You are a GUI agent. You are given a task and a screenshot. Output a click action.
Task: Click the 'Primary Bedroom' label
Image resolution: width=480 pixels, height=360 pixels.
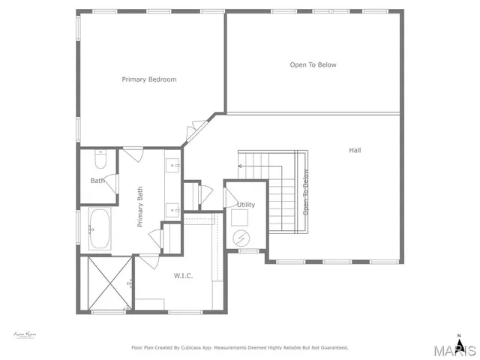(149, 79)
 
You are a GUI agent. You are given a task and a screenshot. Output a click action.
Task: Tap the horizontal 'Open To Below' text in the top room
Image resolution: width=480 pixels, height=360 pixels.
(313, 64)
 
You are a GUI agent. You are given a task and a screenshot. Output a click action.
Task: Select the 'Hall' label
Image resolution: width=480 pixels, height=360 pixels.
(355, 150)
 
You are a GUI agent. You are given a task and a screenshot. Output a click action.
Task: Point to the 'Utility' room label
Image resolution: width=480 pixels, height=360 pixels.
(246, 204)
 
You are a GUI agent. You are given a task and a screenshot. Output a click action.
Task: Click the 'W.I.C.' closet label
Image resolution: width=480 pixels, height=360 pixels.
(183, 276)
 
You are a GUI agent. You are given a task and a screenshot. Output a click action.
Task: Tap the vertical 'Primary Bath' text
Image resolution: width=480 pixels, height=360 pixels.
(139, 206)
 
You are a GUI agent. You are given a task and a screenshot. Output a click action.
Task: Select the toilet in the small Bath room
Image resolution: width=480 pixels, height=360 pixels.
(101, 160)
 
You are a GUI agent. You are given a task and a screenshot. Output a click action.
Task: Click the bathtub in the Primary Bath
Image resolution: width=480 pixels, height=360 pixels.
(100, 229)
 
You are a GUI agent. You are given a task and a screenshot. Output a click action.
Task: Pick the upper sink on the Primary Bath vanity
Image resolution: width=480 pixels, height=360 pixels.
(173, 166)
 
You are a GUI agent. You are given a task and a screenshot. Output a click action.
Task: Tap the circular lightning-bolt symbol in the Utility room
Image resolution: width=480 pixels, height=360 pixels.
(241, 238)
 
